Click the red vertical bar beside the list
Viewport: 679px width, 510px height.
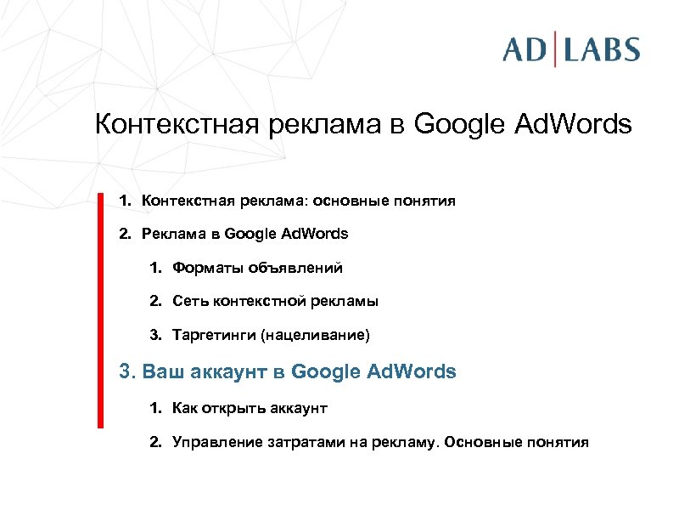click(99, 309)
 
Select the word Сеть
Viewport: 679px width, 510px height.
click(188, 301)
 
